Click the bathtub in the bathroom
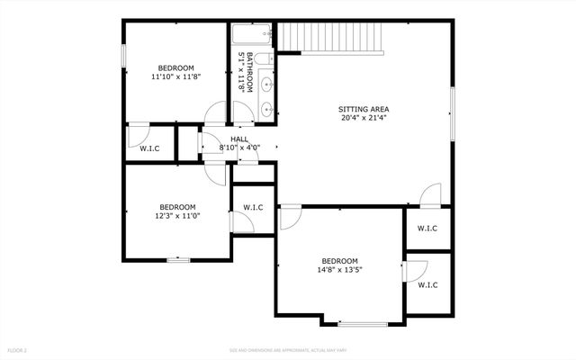pyautogui.click(x=252, y=37)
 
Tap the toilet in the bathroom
pyautogui.click(x=262, y=59)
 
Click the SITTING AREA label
pyautogui.click(x=364, y=109)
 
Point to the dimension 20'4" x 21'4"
pyautogui.click(x=364, y=118)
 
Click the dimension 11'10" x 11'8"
pyautogui.click(x=175, y=77)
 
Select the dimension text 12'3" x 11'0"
pyautogui.click(x=177, y=216)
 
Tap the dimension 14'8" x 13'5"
pyautogui.click(x=339, y=269)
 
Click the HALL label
pyautogui.click(x=238, y=139)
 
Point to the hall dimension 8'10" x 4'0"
pyautogui.click(x=238, y=148)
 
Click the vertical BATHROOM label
pyautogui.click(x=240, y=72)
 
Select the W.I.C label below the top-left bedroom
pyautogui.click(x=148, y=148)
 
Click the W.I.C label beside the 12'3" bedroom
pyautogui.click(x=253, y=208)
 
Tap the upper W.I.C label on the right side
pyautogui.click(x=427, y=229)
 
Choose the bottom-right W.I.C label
pyautogui.click(x=427, y=285)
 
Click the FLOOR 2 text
pyautogui.click(x=18, y=349)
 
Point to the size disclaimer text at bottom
pyautogui.click(x=288, y=349)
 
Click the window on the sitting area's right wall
pyautogui.click(x=454, y=115)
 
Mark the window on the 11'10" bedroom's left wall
pyautogui.click(x=123, y=51)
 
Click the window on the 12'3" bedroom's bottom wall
pyautogui.click(x=178, y=260)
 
